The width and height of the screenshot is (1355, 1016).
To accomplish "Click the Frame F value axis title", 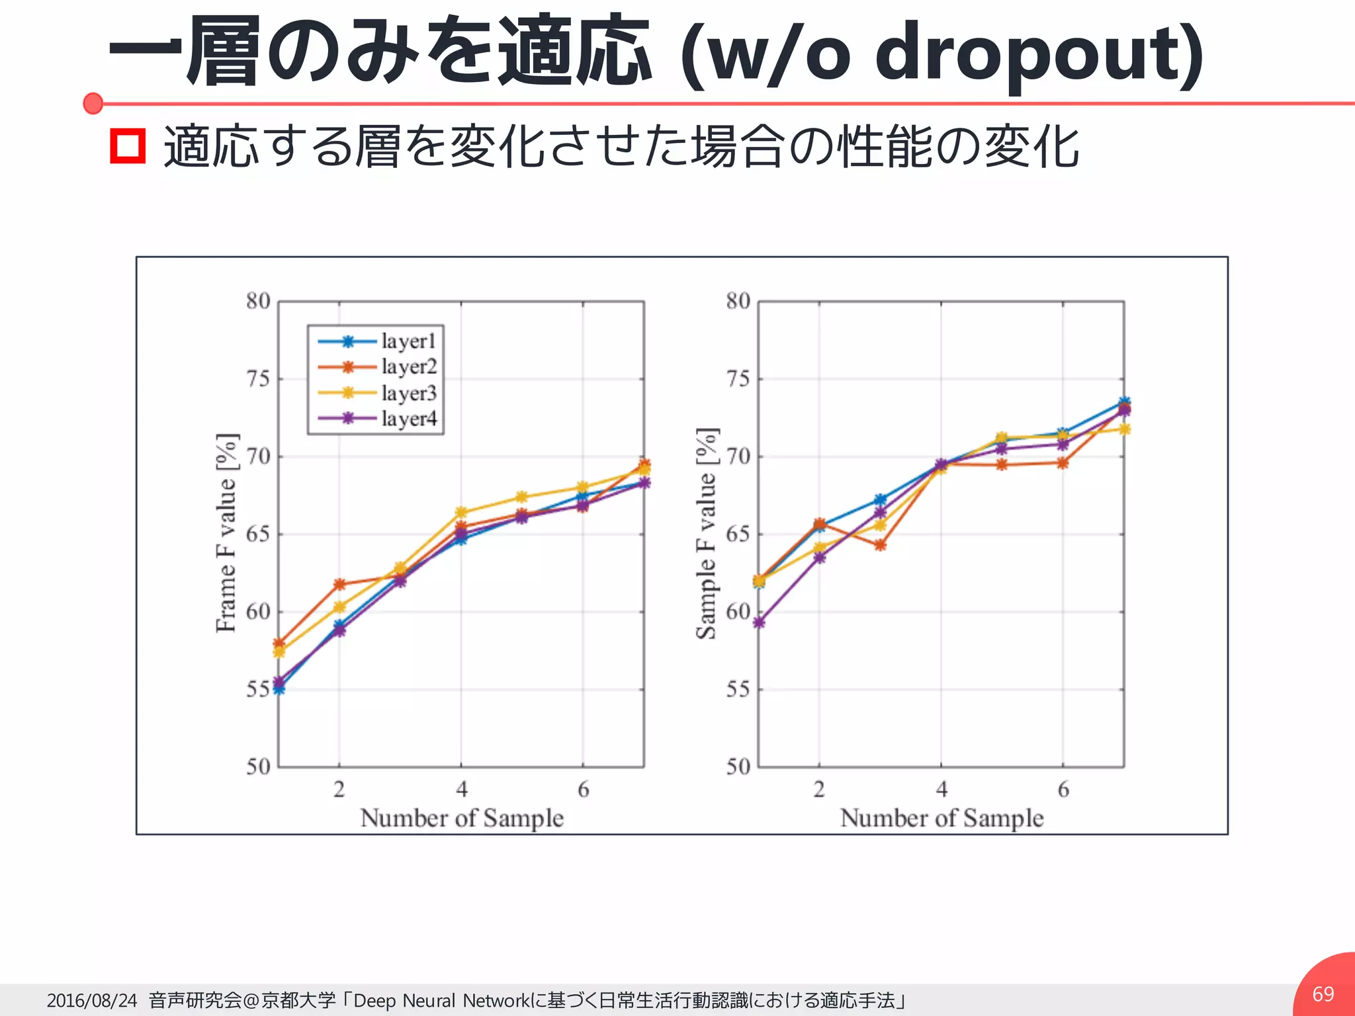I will coord(226,533).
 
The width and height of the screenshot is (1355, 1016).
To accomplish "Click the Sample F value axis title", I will coord(707,533).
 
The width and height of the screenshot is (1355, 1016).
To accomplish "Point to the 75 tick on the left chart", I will coord(258,379).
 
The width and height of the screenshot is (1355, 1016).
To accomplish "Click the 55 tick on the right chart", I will coord(738,689).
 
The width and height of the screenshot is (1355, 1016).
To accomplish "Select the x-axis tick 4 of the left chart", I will coord(461,789).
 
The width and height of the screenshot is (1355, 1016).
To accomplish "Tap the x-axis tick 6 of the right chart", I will coord(1063,789).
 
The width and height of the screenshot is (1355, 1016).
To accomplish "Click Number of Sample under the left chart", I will coord(462,818).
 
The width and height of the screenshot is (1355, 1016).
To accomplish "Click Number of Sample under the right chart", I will coord(941,818).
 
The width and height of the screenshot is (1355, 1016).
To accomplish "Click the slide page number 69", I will coord(1323,994).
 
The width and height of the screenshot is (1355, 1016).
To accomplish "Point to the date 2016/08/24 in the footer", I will coord(91,1000).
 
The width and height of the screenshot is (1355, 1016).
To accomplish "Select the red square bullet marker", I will coord(127,146).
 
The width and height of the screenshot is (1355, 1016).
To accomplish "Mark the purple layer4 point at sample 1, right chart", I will coord(759,622).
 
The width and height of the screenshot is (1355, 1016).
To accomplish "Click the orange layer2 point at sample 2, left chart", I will coord(339,584).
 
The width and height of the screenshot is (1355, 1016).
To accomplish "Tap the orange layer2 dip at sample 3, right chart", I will coord(880,545).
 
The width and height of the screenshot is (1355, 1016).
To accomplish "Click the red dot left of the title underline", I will coord(93,103).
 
